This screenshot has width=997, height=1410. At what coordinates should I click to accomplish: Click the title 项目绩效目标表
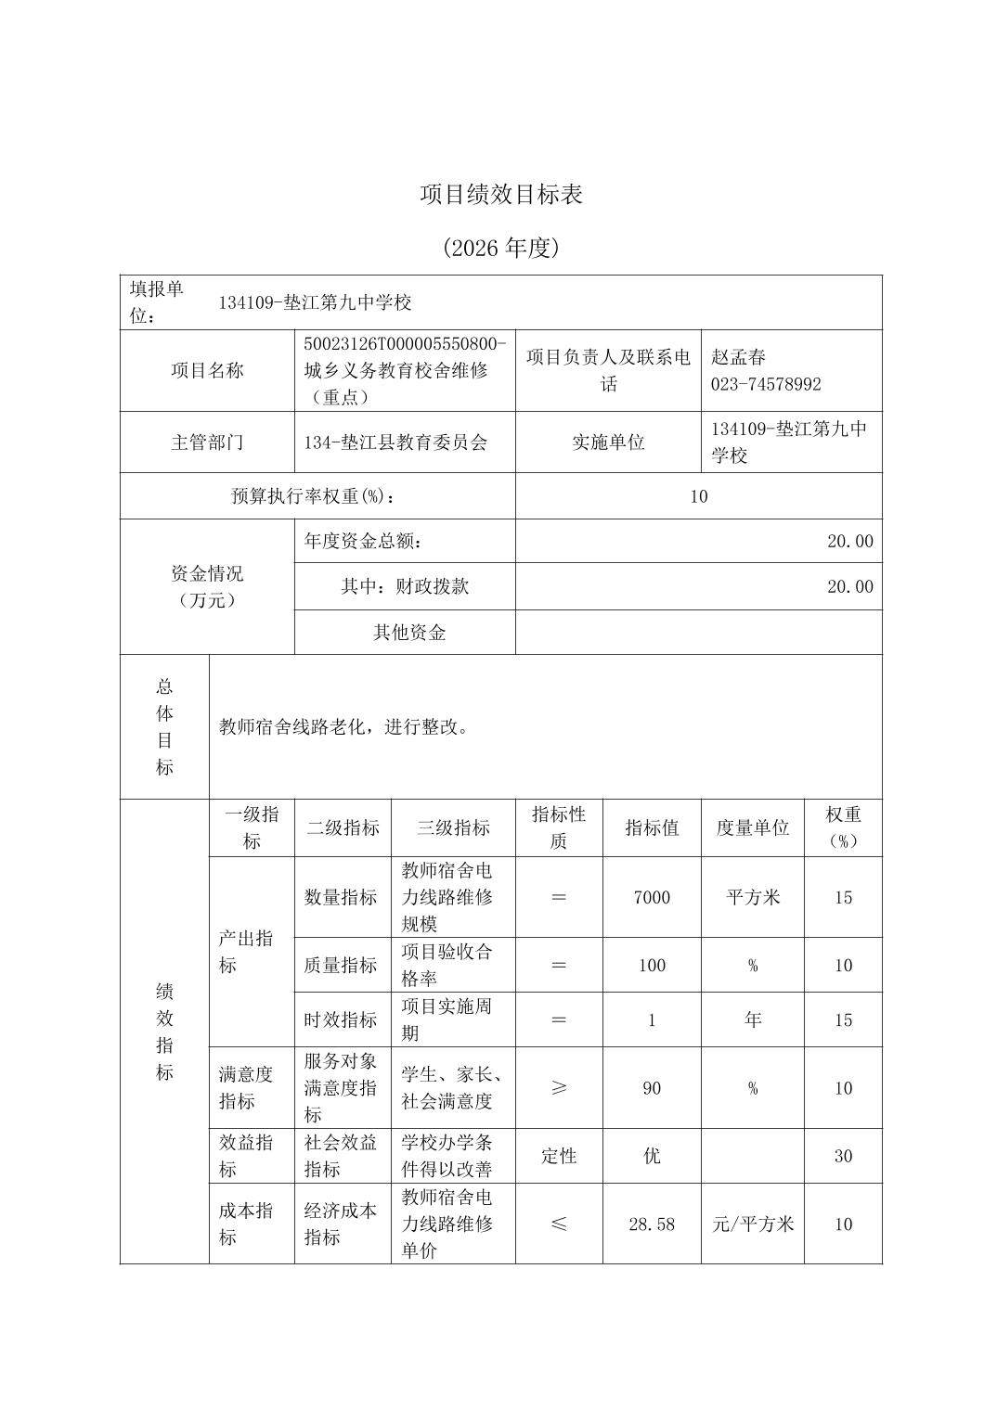[500, 195]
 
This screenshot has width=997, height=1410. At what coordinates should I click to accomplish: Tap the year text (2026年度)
[500, 248]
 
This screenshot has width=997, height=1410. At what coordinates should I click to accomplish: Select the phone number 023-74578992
[766, 384]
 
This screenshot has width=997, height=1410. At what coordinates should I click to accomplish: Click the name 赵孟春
[739, 357]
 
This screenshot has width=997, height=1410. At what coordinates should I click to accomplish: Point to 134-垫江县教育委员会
[395, 442]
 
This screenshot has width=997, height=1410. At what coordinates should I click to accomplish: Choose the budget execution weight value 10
[698, 496]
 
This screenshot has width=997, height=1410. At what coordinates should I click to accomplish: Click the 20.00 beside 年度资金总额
[849, 541]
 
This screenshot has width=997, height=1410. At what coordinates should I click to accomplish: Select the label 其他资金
[409, 633]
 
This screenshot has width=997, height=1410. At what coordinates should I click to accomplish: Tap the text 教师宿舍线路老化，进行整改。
[344, 727]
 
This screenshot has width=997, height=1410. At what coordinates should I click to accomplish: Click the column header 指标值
[652, 827]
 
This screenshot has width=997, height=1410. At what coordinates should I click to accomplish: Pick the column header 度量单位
[752, 827]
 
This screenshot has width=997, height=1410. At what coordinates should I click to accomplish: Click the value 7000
[652, 897]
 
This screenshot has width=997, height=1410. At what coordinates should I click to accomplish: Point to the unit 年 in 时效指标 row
[752, 1020]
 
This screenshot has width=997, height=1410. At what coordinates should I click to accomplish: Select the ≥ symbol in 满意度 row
[559, 1088]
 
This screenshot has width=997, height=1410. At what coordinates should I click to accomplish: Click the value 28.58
[652, 1224]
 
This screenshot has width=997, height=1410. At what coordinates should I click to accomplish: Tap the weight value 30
[843, 1156]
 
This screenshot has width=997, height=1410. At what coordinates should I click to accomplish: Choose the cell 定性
[559, 1156]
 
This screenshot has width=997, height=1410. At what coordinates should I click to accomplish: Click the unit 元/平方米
[753, 1224]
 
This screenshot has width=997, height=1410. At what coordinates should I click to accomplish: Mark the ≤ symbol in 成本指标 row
[559, 1224]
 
